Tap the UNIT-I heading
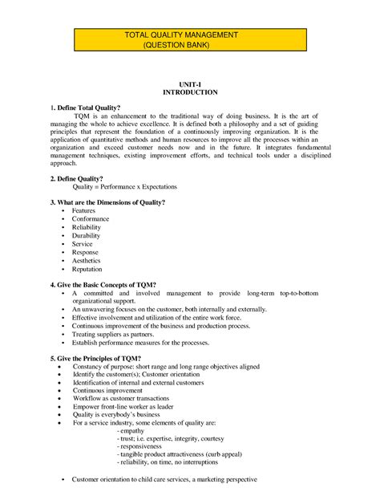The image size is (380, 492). [x=190, y=84]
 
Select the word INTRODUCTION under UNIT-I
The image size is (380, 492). [x=190, y=92]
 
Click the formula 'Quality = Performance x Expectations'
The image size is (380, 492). [x=125, y=186]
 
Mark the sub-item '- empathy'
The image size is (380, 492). [x=132, y=432]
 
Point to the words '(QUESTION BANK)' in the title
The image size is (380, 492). [x=190, y=46]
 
